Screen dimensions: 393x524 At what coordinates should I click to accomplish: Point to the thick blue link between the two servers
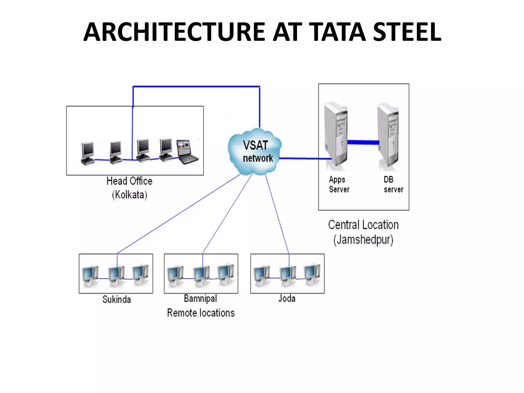pyautogui.click(x=363, y=142)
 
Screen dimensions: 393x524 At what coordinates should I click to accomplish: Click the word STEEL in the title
pyautogui.click(x=407, y=32)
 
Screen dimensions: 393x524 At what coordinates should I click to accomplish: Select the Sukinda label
pyautogui.click(x=116, y=299)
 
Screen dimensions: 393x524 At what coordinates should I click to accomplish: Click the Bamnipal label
pyautogui.click(x=200, y=299)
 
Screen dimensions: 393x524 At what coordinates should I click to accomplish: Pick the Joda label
pyautogui.click(x=287, y=299)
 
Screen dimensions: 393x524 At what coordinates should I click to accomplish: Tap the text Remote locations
pyautogui.click(x=201, y=313)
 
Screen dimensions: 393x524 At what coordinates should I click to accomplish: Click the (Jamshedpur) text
pyautogui.click(x=363, y=240)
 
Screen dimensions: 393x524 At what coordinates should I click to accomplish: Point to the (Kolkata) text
pyautogui.click(x=129, y=195)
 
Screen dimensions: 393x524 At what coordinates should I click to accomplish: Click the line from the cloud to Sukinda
pyautogui.click(x=179, y=213)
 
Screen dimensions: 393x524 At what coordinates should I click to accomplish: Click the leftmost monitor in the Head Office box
pyautogui.click(x=88, y=153)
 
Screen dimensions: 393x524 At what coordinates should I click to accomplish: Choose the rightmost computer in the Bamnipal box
pyautogui.click(x=226, y=275)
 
